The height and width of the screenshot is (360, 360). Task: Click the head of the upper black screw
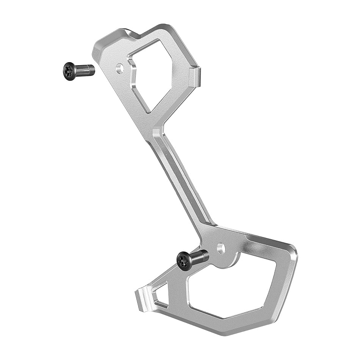[x=70, y=71]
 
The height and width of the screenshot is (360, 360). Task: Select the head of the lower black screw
[x=185, y=261]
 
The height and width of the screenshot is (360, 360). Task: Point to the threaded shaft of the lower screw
[x=201, y=256]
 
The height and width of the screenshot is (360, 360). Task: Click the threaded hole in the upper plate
[x=121, y=69]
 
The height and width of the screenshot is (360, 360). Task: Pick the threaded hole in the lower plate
[x=221, y=249]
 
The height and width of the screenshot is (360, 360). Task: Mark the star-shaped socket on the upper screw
[x=68, y=71]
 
